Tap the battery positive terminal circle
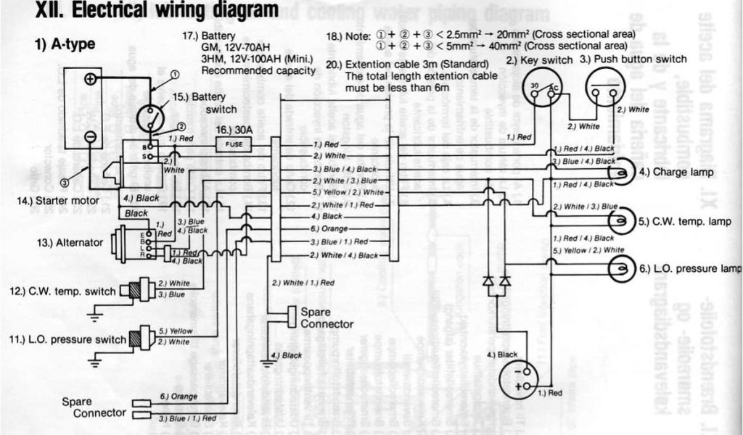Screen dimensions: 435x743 point(90,79)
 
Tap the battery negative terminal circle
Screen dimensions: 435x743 point(90,136)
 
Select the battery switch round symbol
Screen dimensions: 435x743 point(151,117)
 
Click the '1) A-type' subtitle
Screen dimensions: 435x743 point(65,43)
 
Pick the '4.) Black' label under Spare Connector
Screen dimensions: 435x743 point(286,355)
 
